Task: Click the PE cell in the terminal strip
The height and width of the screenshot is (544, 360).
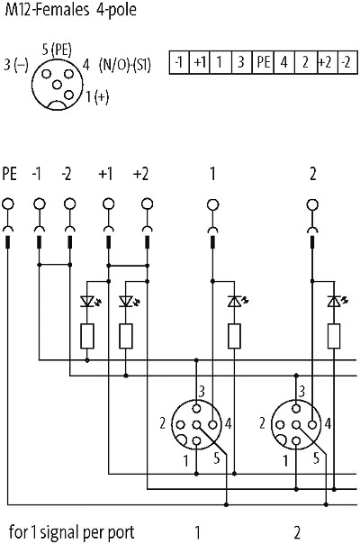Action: [x=263, y=62]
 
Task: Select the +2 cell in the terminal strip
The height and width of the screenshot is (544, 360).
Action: [x=328, y=62]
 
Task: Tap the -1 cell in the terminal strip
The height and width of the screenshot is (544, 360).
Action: [x=179, y=62]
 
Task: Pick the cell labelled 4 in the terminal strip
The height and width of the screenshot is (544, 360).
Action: [x=284, y=62]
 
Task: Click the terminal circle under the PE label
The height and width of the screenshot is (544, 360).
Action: [x=8, y=204]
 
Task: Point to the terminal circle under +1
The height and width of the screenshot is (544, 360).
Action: [x=109, y=204]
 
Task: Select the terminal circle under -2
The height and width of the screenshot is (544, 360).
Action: [x=69, y=204]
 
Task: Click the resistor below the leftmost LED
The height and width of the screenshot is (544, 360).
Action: [x=87, y=336]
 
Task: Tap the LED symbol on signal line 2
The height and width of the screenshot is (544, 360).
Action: [x=335, y=301]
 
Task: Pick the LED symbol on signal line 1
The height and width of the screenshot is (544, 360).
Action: [x=235, y=301]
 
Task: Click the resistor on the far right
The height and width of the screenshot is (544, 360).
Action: [x=334, y=336]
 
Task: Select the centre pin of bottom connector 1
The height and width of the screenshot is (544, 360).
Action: [x=196, y=424]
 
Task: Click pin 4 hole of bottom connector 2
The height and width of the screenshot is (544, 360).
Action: [x=312, y=424]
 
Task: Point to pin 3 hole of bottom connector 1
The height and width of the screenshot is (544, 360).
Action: [x=196, y=408]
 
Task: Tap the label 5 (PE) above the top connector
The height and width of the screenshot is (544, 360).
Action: [x=57, y=50]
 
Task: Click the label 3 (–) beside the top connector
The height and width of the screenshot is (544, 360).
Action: [x=16, y=65]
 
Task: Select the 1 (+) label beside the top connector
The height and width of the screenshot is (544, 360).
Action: [x=97, y=96]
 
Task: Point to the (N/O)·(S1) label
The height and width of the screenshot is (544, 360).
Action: [x=125, y=65]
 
